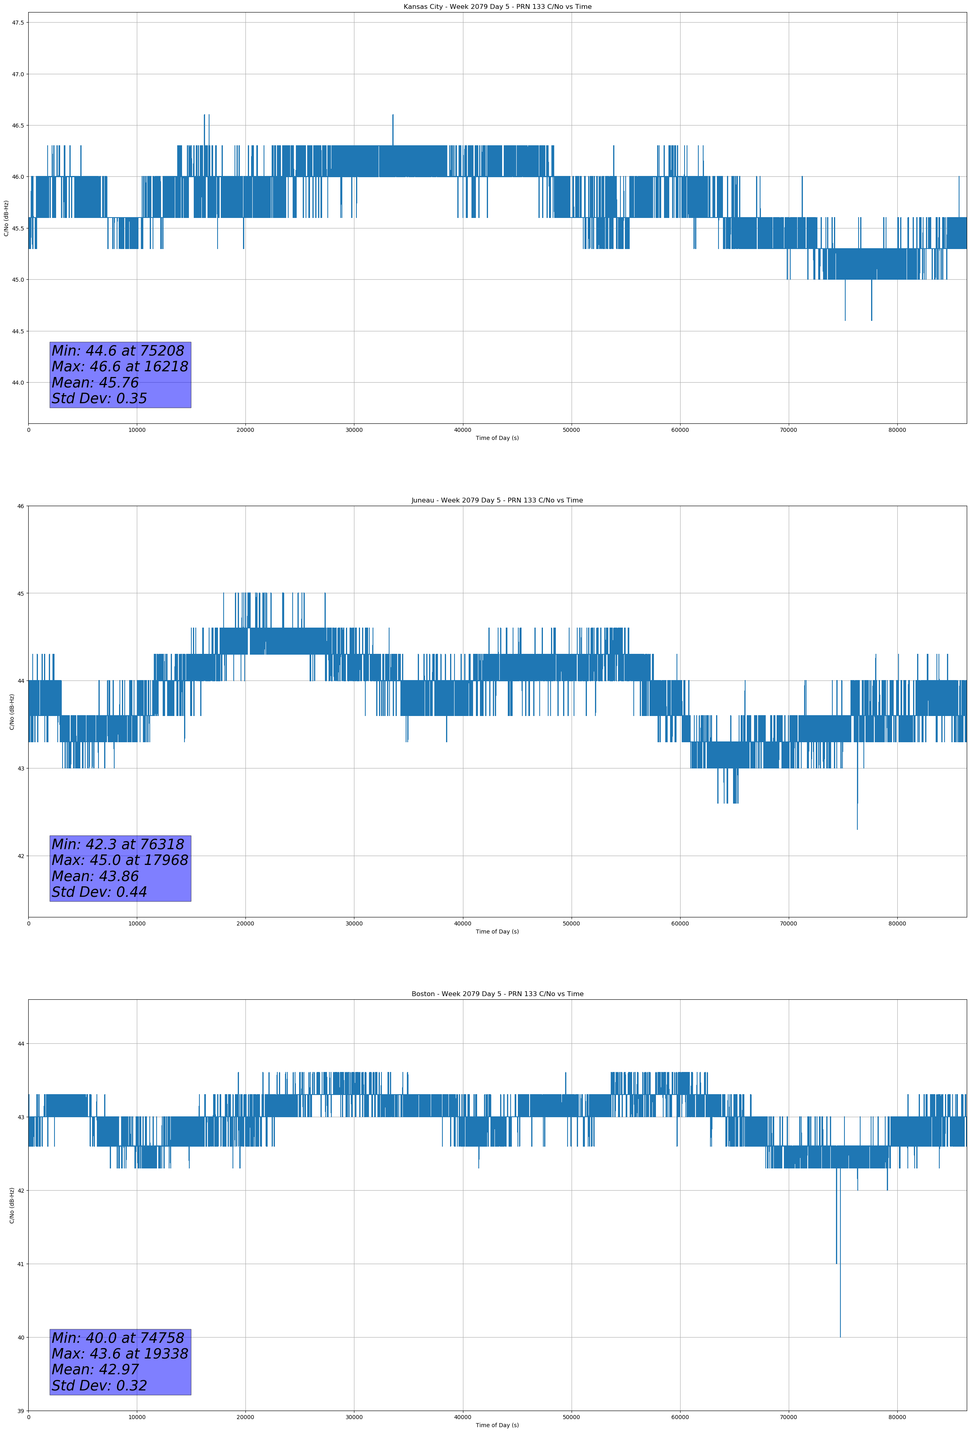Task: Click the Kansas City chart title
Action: [497, 7]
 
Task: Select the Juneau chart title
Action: [497, 500]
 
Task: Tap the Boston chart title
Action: [497, 994]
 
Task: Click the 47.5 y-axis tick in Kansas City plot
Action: [17, 23]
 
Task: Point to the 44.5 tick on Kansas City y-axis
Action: [17, 331]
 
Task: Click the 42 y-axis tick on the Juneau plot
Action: [20, 856]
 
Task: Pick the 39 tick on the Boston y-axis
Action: [20, 1411]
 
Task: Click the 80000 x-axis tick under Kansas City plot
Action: [897, 430]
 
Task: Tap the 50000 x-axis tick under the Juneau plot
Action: [571, 923]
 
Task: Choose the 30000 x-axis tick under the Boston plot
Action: [354, 1417]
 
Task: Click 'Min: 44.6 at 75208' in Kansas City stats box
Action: [118, 351]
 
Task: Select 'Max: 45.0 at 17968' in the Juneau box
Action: [119, 860]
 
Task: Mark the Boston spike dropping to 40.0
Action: [840, 1336]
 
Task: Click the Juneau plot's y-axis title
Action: [12, 712]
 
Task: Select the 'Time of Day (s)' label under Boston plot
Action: [497, 1425]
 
